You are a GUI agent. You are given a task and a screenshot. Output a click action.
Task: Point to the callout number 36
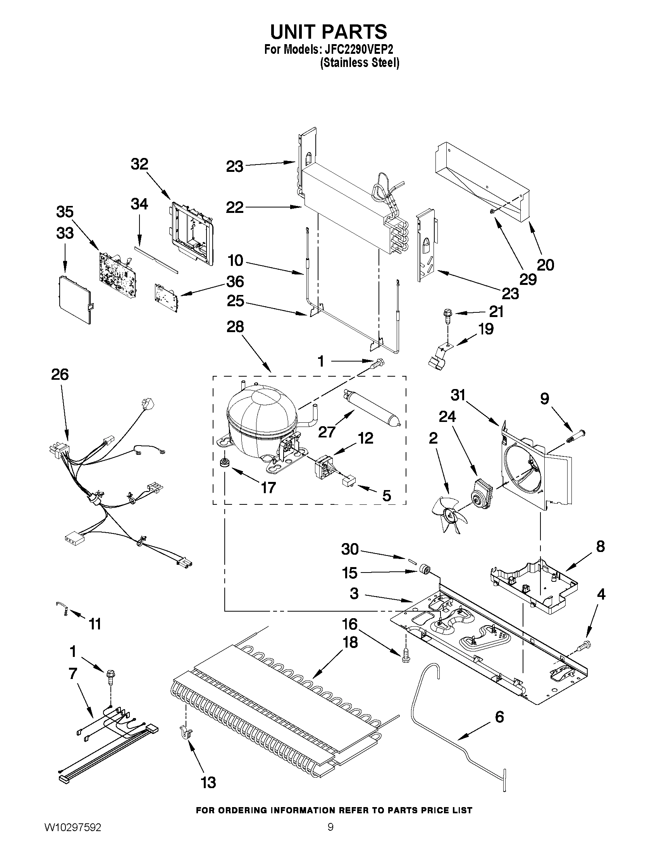tap(235, 282)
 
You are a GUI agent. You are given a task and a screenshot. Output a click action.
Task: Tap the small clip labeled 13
tap(185, 732)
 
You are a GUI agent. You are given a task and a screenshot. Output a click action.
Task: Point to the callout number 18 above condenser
tap(350, 642)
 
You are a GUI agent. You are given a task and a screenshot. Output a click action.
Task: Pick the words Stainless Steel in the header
tap(359, 62)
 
